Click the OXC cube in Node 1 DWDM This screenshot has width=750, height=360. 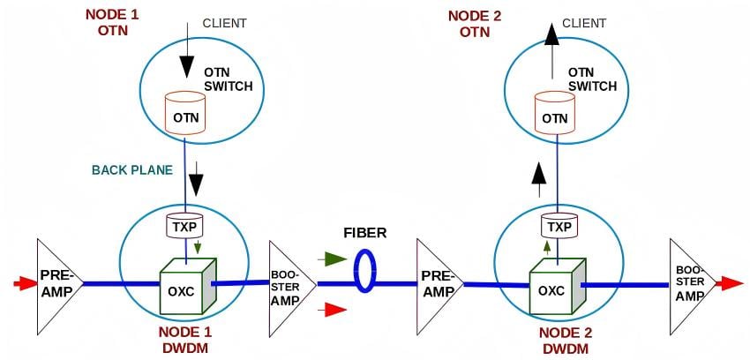point(187,287)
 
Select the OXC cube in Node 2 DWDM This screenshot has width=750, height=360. point(558,287)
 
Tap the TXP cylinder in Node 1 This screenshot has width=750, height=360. point(184,226)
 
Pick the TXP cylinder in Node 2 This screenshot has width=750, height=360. point(559,226)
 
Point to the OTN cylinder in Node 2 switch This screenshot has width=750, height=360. point(555,114)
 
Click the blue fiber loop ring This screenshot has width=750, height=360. point(364,270)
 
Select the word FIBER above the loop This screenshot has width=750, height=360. point(365,233)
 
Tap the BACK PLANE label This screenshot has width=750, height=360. point(132,170)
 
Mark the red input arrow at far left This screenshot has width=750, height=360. point(25,283)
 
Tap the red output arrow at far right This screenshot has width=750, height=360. point(730,283)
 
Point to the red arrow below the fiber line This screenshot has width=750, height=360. point(334,310)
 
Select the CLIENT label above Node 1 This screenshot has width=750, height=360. point(225,24)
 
